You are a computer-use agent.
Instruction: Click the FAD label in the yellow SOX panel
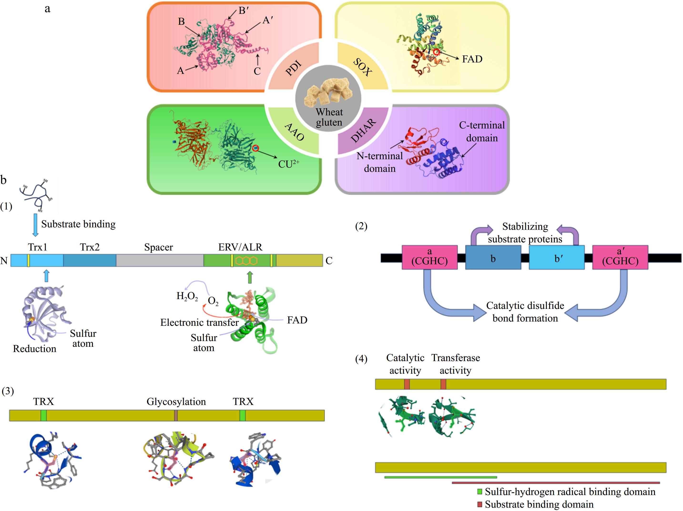tap(472, 59)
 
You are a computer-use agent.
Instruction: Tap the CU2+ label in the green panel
tap(288, 164)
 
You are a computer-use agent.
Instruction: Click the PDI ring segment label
tap(293, 68)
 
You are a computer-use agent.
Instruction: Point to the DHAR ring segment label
tap(363, 131)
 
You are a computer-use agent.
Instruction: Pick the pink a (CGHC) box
tap(429, 257)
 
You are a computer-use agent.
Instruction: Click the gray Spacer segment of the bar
tap(159, 260)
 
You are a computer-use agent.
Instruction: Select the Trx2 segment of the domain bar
tap(90, 260)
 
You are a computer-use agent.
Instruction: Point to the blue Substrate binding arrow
tap(36, 225)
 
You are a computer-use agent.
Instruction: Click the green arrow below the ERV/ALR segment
tap(250, 277)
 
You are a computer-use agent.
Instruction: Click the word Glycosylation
tap(176, 401)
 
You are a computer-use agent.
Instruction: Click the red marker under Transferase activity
tap(443, 384)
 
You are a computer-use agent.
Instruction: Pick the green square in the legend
tap(479, 491)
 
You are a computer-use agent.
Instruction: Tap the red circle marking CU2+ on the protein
tap(255, 148)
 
